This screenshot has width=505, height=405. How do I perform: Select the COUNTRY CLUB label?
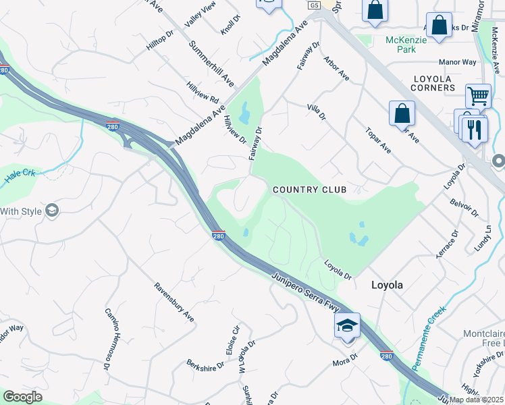(x=309, y=190)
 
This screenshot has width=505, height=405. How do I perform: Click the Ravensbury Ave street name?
(x=174, y=302)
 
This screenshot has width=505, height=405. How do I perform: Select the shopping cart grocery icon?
(x=478, y=96)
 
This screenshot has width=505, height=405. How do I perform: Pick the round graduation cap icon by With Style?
(x=51, y=211)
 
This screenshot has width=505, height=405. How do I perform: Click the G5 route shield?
(x=313, y=5)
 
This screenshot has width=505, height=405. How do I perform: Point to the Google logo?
(x=22, y=397)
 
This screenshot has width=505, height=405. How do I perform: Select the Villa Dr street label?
(x=316, y=112)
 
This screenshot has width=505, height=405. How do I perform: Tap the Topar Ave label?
(x=377, y=139)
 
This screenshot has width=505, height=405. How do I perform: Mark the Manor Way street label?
(x=457, y=62)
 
